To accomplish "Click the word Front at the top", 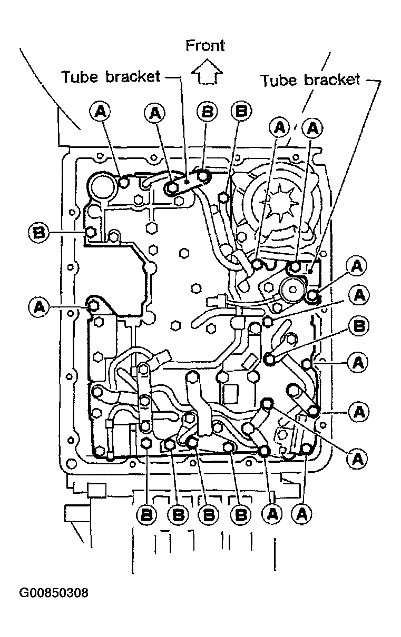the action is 205,46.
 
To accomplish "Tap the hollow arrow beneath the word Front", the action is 207,72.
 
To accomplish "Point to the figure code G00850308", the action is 54,593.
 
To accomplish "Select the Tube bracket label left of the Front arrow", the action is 111,77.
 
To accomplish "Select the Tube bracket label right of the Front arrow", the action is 310,80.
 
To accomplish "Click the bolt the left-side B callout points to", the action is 91,233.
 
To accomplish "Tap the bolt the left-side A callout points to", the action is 93,306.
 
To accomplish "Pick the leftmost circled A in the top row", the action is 99,112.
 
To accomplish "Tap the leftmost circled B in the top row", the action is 207,111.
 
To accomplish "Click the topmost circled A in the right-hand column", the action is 357,266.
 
